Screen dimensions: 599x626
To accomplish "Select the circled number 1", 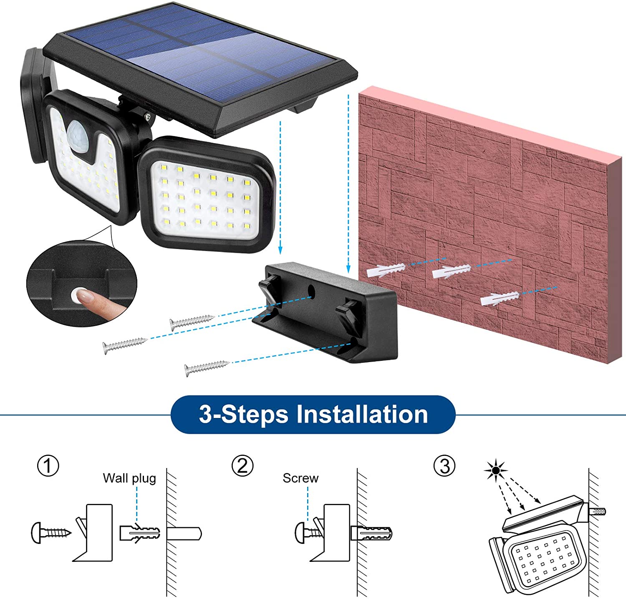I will [x=48, y=466].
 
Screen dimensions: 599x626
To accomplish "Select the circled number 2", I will [x=242, y=466].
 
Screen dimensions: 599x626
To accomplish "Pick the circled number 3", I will [x=445, y=466].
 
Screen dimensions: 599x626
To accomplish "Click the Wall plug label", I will [x=129, y=478].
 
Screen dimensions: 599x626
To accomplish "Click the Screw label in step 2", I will [x=300, y=478].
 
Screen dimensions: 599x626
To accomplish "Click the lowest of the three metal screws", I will [x=207, y=367].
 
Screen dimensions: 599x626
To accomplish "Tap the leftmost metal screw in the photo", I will [x=125, y=345].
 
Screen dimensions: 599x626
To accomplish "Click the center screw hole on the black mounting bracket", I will [x=311, y=290].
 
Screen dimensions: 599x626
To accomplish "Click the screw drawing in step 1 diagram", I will [x=51, y=533].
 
